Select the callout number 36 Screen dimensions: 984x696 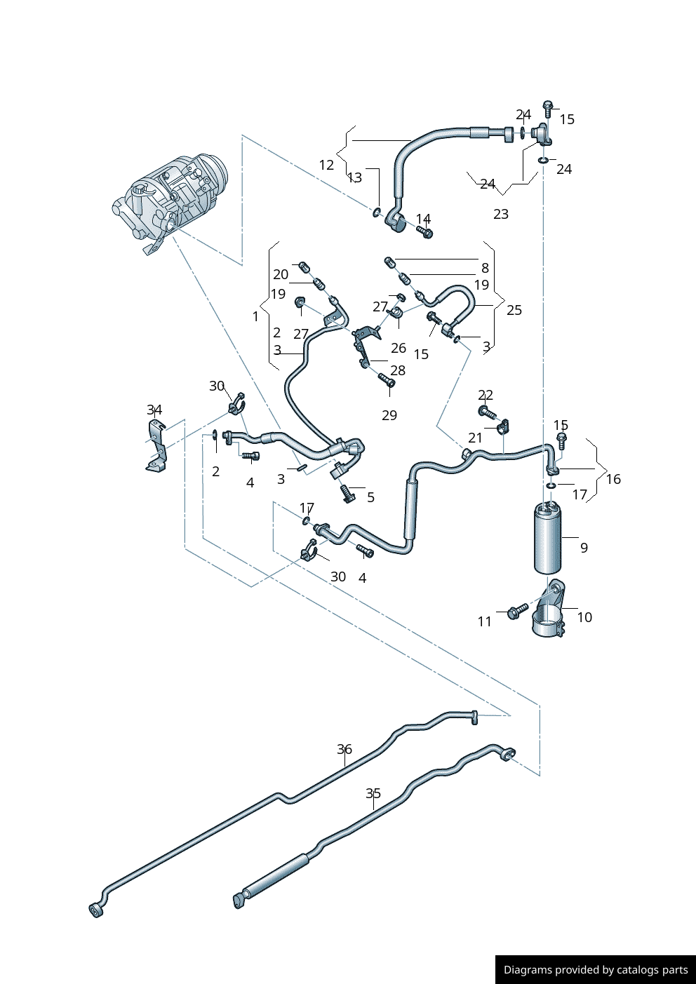pos(344,749)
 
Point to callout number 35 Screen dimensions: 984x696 pos(373,793)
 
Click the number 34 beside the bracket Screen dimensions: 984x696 pos(154,410)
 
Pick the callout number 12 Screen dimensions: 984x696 pos(326,165)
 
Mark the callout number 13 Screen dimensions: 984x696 pos(355,177)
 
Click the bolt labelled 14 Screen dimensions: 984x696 pos(424,231)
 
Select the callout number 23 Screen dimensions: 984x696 pos(501,214)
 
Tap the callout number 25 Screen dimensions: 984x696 pos(514,310)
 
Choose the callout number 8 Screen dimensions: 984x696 pos(485,268)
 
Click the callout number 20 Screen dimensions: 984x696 pos(281,274)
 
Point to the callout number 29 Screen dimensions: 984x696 pos(389,415)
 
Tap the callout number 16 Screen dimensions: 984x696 pos(613,479)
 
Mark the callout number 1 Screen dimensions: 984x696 pos(255,316)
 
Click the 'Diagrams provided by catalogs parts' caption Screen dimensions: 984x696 pos(596,969)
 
